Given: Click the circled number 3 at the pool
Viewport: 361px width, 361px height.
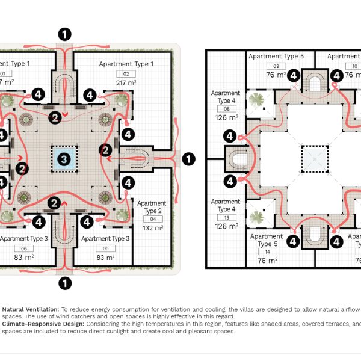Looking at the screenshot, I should tap(63, 159).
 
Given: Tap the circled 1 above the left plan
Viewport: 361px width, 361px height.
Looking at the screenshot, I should tap(65, 34).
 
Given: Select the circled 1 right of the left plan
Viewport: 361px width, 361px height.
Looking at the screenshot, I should tap(188, 159).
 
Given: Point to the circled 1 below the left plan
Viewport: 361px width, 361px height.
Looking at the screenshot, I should tap(65, 282).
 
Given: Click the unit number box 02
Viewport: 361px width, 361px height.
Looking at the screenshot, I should tap(126, 73).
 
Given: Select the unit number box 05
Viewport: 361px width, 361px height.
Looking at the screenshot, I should tap(105, 248).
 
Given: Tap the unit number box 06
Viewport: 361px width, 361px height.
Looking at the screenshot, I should tap(24, 248).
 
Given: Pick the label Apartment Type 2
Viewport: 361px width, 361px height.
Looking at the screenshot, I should tap(150, 207).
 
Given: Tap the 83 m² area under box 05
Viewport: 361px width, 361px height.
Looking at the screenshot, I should tap(105, 258).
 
